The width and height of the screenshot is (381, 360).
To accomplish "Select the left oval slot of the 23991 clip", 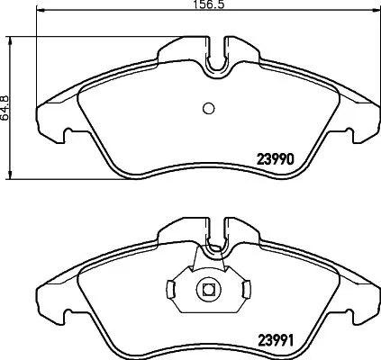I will (171, 289).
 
